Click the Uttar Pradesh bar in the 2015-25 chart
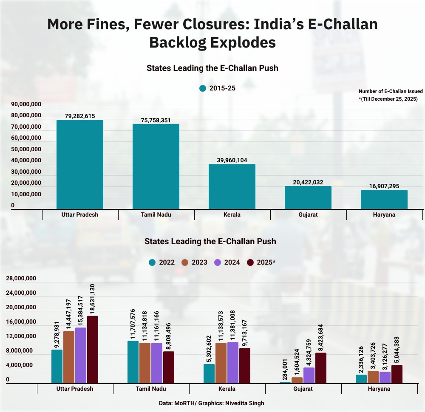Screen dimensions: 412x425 (x=80, y=164)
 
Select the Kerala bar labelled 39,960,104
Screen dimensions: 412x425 (x=232, y=186)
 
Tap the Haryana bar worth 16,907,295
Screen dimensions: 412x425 (x=384, y=199)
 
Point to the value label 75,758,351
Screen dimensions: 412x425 (x=156, y=120)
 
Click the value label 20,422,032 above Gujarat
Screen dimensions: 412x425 (x=308, y=182)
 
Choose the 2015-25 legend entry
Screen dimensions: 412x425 (x=217, y=88)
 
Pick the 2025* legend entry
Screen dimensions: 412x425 (x=261, y=262)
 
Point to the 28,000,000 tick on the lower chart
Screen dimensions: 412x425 (x=21, y=278)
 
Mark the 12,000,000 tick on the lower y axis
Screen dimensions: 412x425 (x=21, y=336)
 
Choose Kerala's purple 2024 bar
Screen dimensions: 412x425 (x=233, y=362)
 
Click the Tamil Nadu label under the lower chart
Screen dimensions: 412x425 (x=151, y=389)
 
